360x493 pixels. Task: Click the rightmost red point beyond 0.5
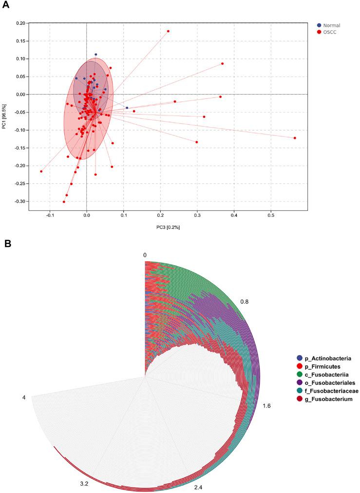pos(295,138)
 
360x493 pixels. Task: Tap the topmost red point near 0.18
pos(168,31)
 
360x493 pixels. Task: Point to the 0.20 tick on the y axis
pos(20,23)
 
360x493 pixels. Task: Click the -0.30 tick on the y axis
pos(19,201)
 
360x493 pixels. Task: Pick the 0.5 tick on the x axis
pos(271,215)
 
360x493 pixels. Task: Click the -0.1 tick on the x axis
pos(49,215)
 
